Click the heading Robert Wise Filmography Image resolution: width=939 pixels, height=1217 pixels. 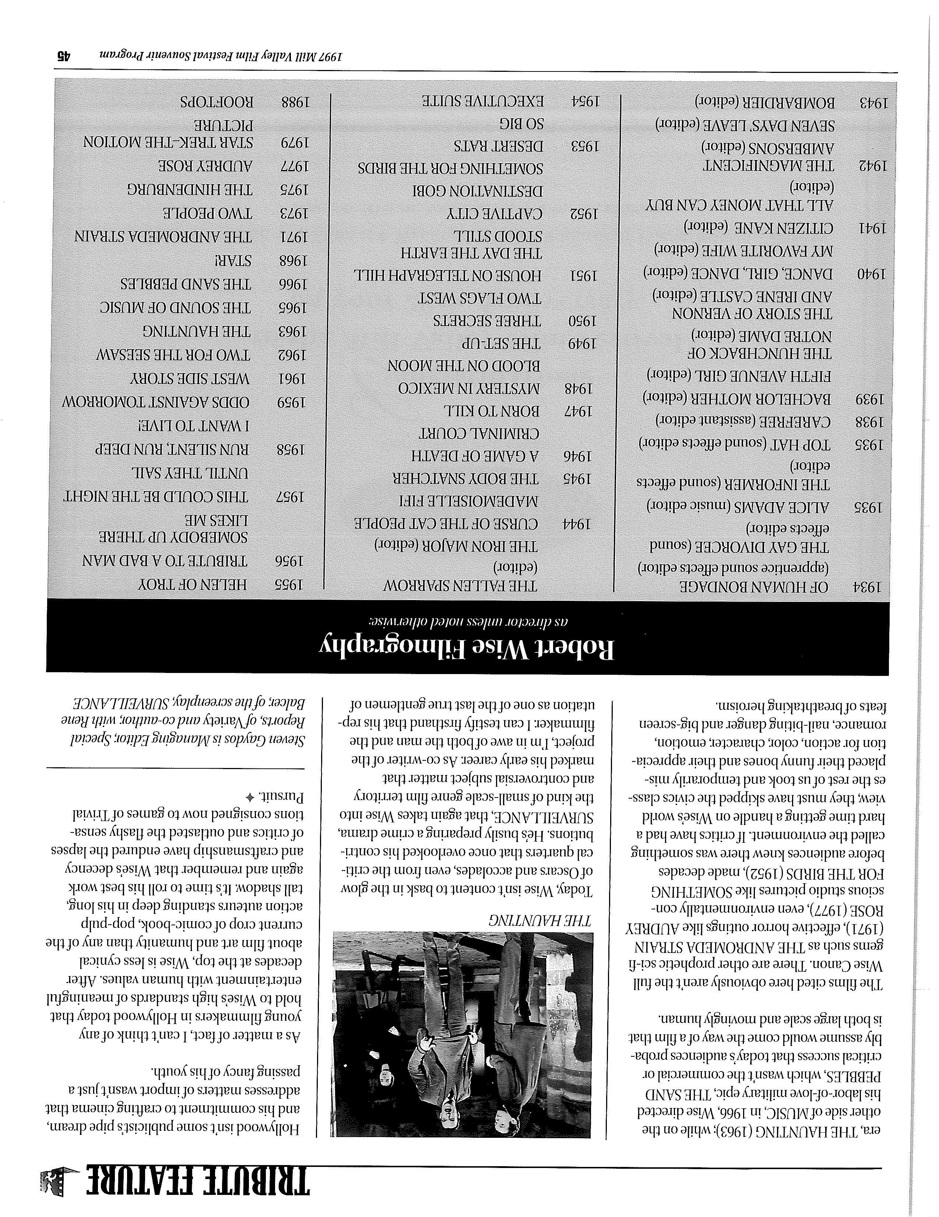pos(467,648)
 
